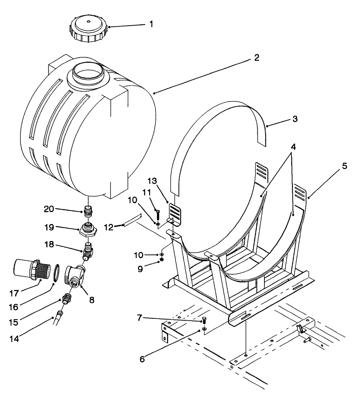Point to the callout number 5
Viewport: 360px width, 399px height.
coord(344,166)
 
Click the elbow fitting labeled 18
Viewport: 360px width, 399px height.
coord(88,252)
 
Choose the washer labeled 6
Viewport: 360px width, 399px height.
coord(205,329)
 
